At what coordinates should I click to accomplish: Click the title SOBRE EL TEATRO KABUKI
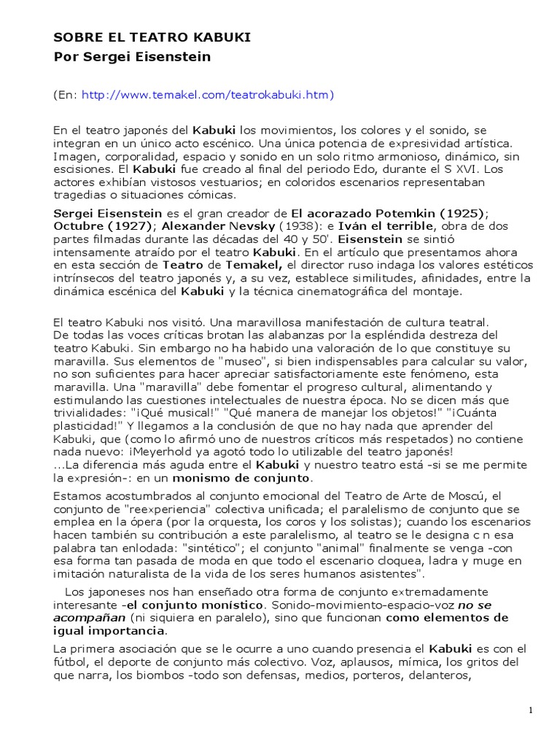tap(152, 38)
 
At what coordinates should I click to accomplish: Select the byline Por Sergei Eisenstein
tap(133, 57)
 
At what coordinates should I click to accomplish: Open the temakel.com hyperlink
tap(207, 95)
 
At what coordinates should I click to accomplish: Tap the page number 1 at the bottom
tap(532, 711)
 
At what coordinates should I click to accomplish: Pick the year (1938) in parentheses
tap(300, 226)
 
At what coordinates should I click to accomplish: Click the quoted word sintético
tap(163, 548)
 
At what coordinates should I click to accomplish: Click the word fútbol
tap(71, 662)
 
